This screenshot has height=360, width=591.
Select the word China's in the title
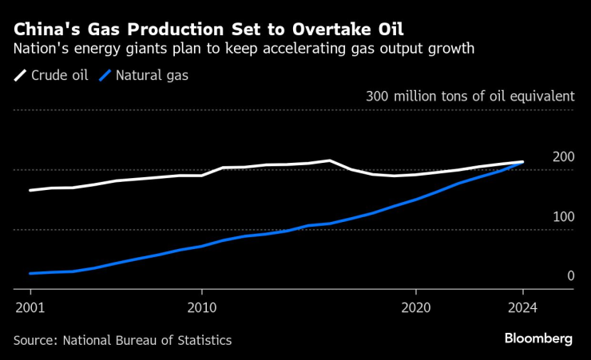point(46,30)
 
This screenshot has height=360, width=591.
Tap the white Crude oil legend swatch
point(20,77)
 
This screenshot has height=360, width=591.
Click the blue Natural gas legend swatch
point(105,77)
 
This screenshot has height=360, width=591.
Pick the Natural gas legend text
point(152,77)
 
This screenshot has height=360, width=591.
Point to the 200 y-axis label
point(563,156)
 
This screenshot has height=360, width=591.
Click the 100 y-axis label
point(563,216)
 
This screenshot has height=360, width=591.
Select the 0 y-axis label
point(570,276)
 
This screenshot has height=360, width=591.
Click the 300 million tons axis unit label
point(470,96)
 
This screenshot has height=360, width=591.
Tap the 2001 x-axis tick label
point(30,307)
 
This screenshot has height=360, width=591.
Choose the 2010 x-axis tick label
point(201,307)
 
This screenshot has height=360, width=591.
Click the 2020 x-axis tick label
point(416,307)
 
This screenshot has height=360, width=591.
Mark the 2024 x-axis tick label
point(522,307)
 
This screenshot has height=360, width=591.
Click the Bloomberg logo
point(538,338)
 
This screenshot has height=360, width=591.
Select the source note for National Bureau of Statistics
point(122,340)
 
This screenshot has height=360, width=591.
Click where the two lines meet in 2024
point(522,162)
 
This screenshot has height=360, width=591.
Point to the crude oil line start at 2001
point(30,191)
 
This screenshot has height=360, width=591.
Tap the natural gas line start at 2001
point(30,274)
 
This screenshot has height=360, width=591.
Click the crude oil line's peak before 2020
point(330,160)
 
